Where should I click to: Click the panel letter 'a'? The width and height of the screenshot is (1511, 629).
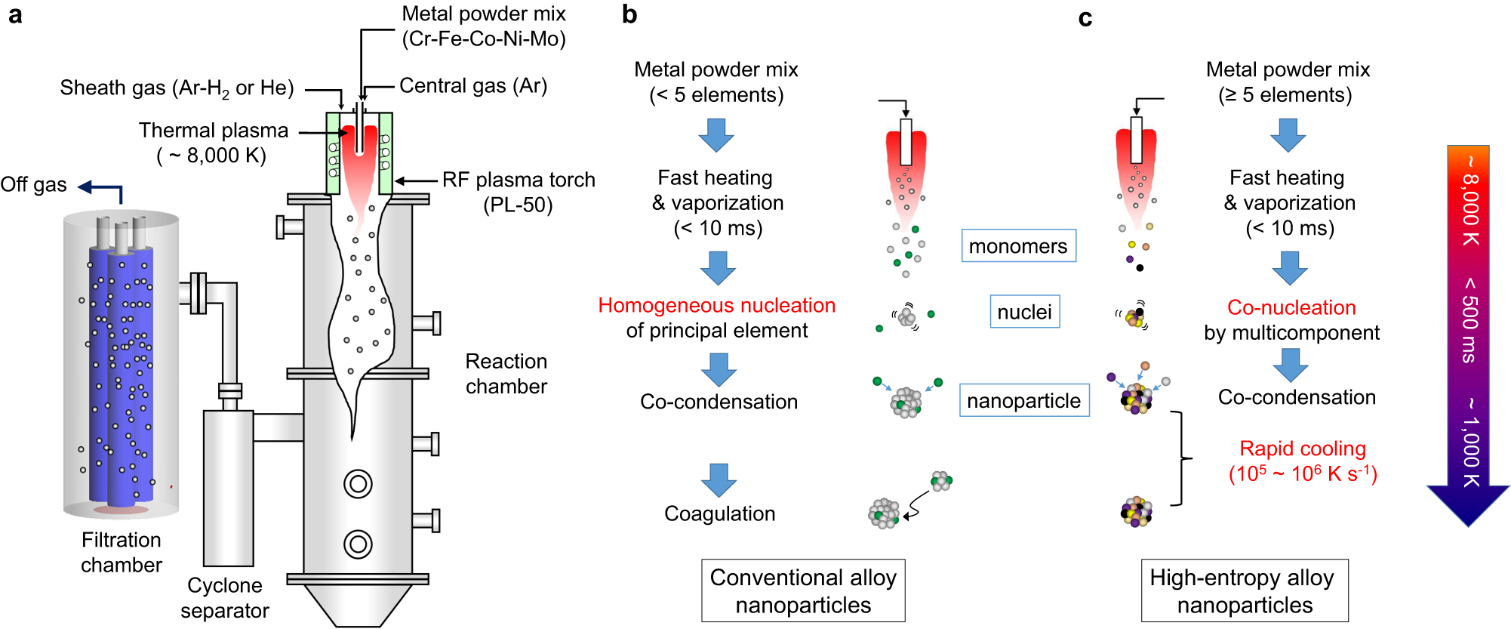pyautogui.click(x=15, y=15)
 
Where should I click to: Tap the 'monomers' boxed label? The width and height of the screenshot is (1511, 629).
pyautogui.click(x=1018, y=246)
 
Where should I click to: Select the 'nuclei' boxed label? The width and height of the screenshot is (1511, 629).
pyautogui.click(x=1024, y=312)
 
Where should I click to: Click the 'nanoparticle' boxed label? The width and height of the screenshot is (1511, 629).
pyautogui.click(x=1023, y=400)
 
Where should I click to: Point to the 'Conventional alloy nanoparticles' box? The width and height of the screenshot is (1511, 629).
pyautogui.click(x=803, y=590)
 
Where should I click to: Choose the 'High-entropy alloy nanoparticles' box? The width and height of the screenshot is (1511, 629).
pyautogui.click(x=1244, y=590)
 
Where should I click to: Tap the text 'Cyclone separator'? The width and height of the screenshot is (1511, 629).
pyautogui.click(x=225, y=597)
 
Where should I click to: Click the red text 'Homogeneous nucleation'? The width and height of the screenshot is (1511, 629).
pyautogui.click(x=716, y=305)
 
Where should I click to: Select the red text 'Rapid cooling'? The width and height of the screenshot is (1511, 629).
pyautogui.click(x=1302, y=449)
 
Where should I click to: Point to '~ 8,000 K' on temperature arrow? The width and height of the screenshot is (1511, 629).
pyautogui.click(x=1469, y=201)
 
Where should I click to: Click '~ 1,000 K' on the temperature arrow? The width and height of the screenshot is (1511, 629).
pyautogui.click(x=1469, y=442)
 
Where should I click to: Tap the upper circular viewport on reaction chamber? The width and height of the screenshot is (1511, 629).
pyautogui.click(x=358, y=483)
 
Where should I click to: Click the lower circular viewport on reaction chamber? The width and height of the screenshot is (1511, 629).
pyautogui.click(x=358, y=544)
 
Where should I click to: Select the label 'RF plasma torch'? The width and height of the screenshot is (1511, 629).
pyautogui.click(x=519, y=180)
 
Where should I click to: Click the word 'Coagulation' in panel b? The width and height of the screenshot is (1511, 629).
pyautogui.click(x=719, y=513)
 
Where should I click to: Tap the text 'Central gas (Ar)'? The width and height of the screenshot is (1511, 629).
pyautogui.click(x=473, y=86)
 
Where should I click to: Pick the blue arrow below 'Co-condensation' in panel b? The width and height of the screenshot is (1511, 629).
pyautogui.click(x=719, y=479)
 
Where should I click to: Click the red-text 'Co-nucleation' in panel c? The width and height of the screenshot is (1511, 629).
pyautogui.click(x=1291, y=307)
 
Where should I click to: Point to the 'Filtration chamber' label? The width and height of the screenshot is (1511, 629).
pyautogui.click(x=122, y=552)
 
